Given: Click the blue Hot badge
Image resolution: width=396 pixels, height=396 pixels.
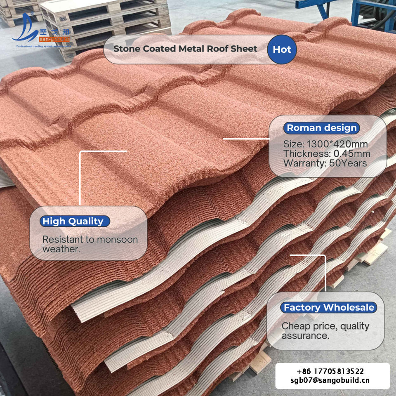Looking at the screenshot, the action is point(282,49).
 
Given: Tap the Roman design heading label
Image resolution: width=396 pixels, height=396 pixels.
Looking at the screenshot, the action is point(322,128).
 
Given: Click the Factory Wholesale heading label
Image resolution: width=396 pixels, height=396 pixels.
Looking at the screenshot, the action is point(329,307).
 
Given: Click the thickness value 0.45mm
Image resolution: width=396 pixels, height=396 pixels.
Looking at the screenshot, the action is point(351,154).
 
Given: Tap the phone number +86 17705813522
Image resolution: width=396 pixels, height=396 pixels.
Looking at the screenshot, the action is point(330,371).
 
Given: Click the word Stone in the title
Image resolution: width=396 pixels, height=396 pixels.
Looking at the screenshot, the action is point(127,49).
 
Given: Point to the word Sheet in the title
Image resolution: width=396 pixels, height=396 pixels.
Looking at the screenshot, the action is point(245,49).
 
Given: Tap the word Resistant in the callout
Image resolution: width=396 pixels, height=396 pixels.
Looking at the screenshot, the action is point(63,240).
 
